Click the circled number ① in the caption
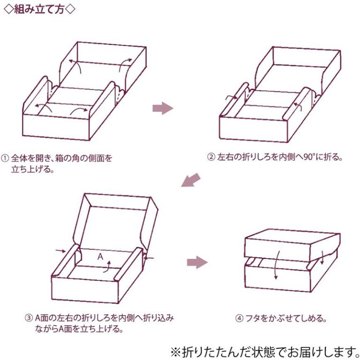[x=5, y=158]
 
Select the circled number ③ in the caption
[x=29, y=318]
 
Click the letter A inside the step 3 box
[x=100, y=256]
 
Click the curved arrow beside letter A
[x=108, y=266]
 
